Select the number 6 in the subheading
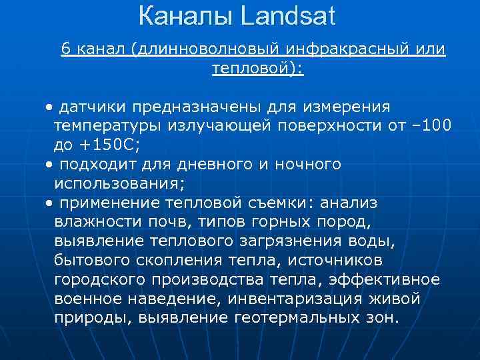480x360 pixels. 66,49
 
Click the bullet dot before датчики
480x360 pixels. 51,107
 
